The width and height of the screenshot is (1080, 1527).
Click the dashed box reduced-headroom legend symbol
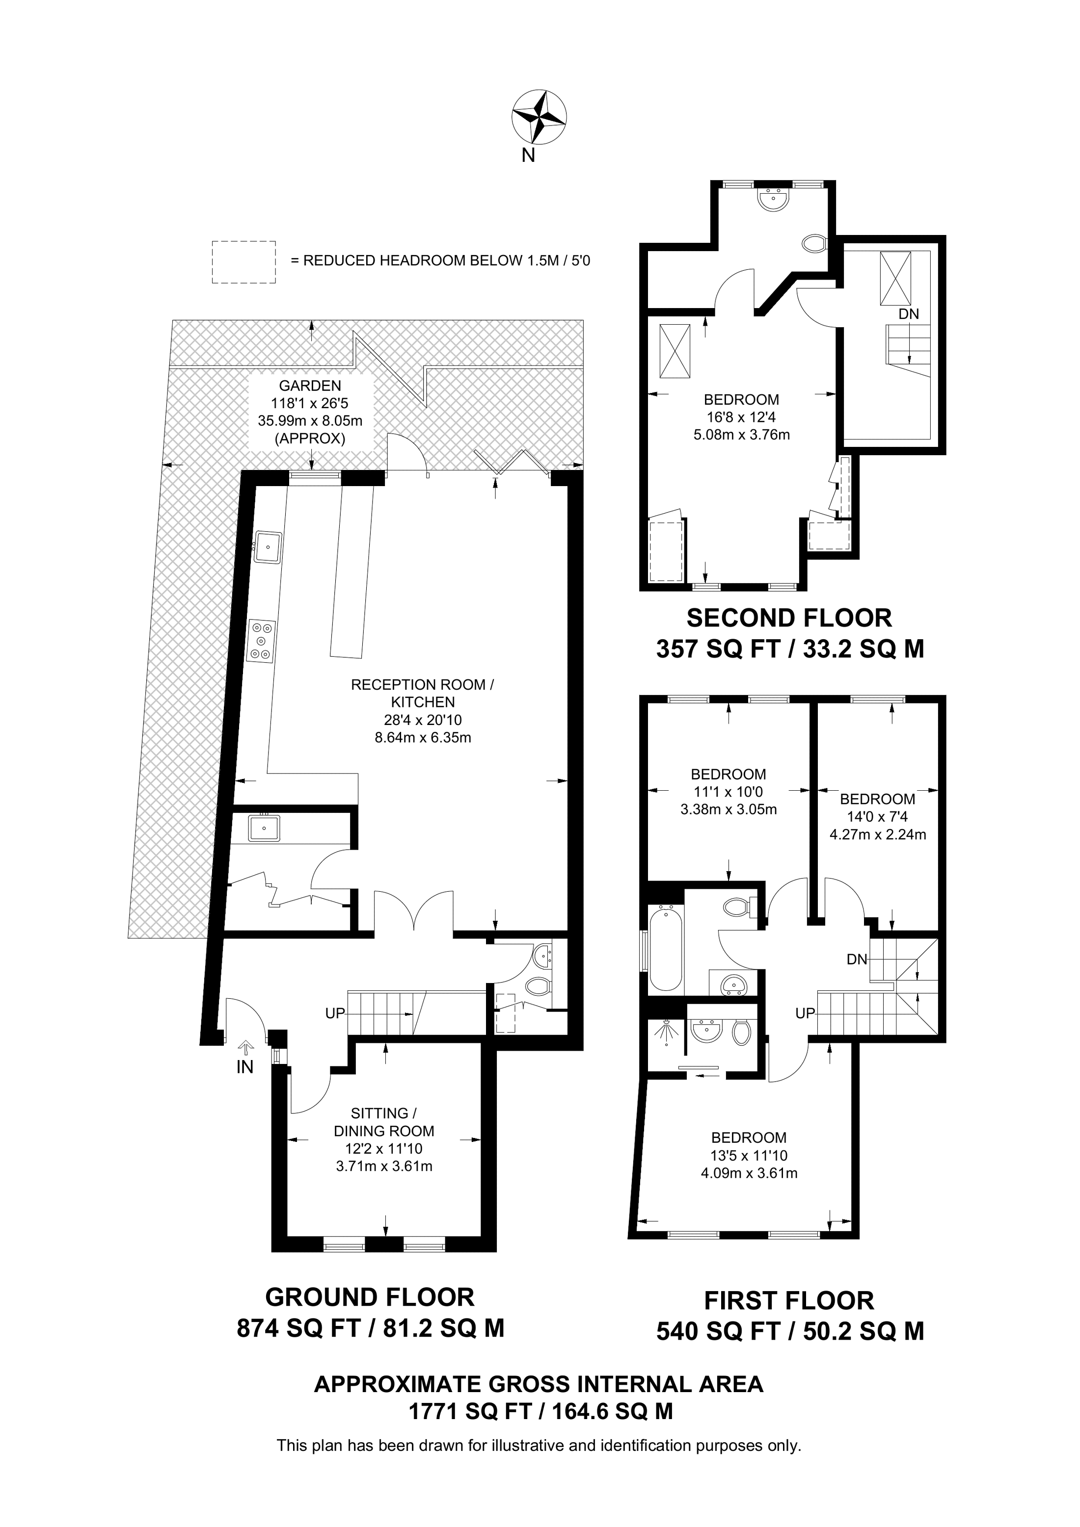click(x=243, y=262)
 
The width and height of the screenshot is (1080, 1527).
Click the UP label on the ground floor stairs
click(x=335, y=1013)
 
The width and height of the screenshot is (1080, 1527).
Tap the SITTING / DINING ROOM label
click(x=384, y=1122)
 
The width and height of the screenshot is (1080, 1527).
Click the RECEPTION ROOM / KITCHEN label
click(x=423, y=693)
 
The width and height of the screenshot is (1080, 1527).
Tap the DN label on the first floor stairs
click(x=857, y=959)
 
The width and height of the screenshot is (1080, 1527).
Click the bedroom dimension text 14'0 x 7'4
click(x=877, y=817)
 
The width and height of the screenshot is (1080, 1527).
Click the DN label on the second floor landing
click(x=909, y=314)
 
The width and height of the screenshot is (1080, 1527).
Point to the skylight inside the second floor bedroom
click(x=675, y=351)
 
